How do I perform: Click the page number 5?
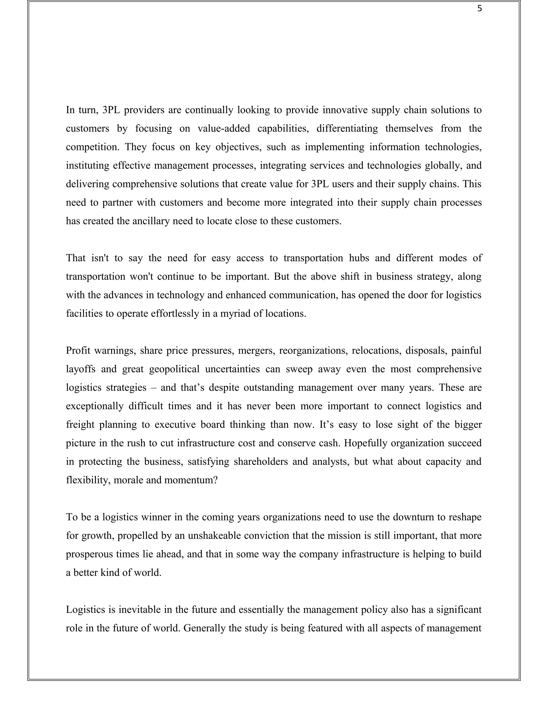(x=479, y=9)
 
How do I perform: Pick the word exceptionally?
(x=94, y=406)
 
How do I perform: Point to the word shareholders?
(x=261, y=461)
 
